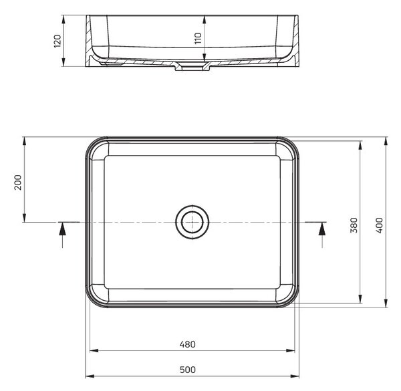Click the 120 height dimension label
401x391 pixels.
(57, 41)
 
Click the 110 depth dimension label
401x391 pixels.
(198, 38)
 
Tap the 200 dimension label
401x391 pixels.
(18, 182)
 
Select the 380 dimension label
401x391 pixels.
(354, 225)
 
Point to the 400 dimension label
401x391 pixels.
(380, 225)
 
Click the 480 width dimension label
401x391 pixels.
(187, 344)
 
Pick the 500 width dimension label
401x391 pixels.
(187, 370)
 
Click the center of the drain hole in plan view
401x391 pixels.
(192, 222)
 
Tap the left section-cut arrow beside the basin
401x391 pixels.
(62, 234)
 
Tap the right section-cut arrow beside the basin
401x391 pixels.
(322, 234)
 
